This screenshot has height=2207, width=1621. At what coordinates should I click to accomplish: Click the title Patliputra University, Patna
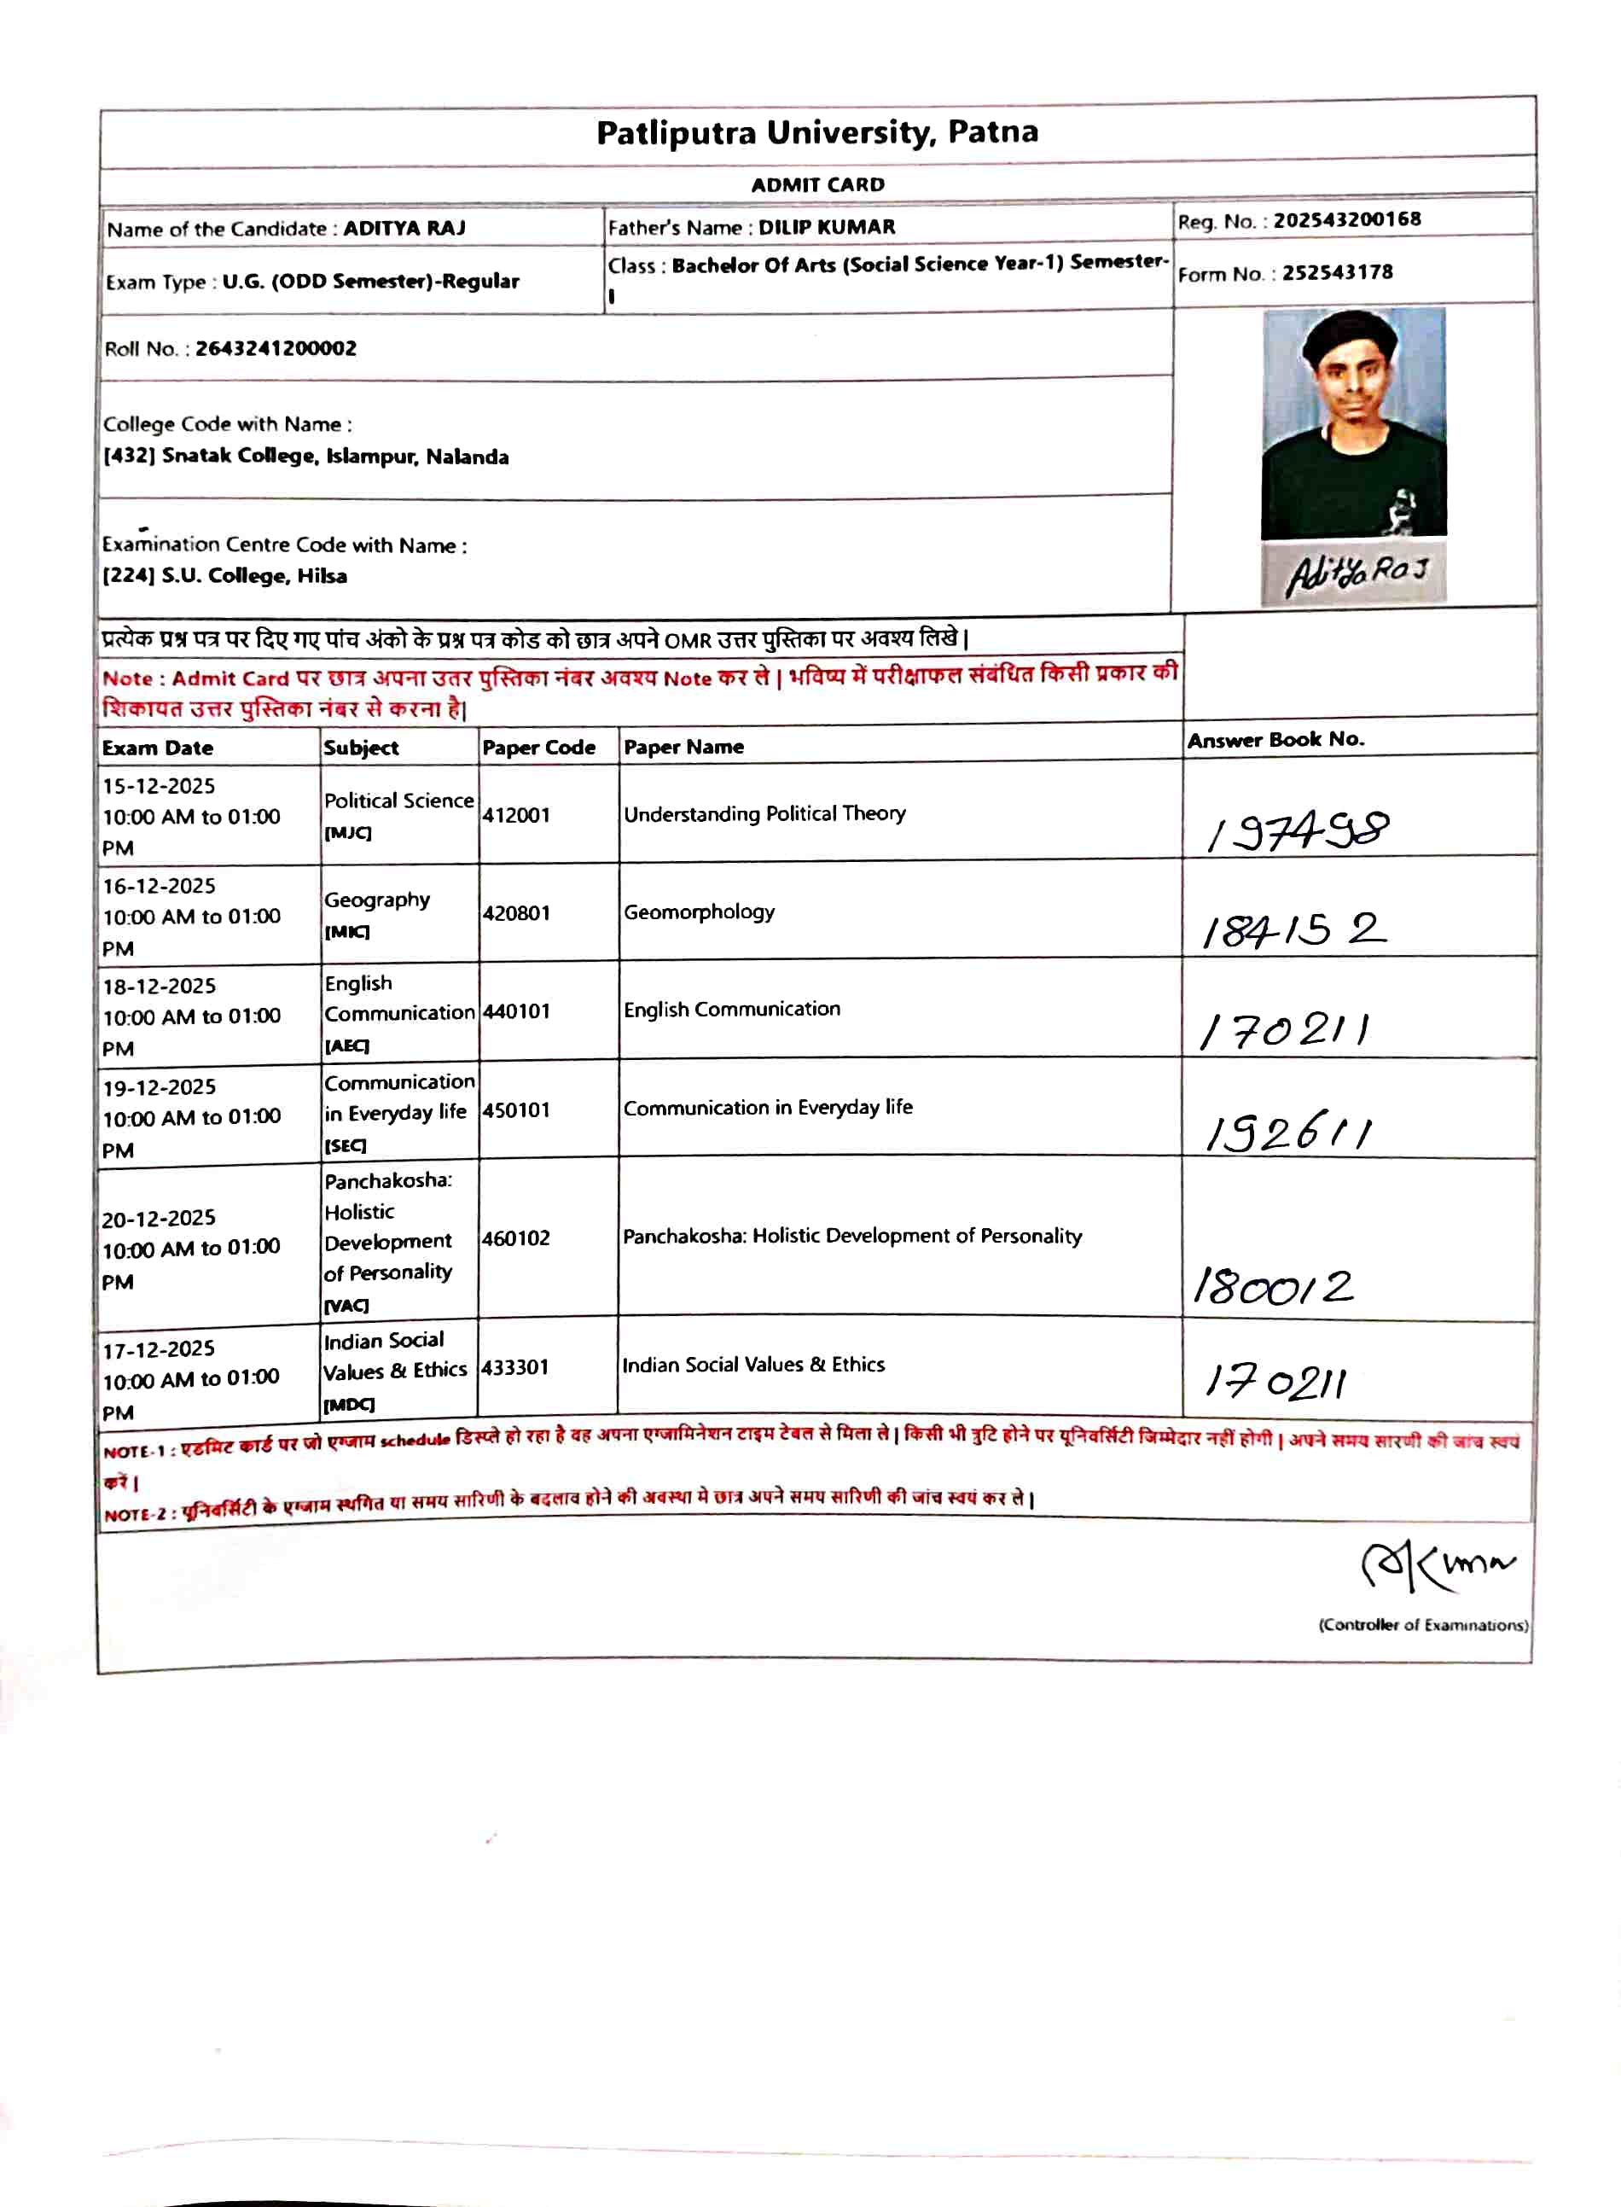click(x=816, y=132)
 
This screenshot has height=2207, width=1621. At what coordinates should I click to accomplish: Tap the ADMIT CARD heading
click(x=817, y=184)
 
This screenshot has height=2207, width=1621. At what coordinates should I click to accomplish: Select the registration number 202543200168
click(x=1346, y=218)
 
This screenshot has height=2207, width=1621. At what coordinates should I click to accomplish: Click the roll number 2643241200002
click(x=276, y=348)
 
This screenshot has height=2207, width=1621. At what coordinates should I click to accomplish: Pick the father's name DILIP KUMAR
click(x=826, y=227)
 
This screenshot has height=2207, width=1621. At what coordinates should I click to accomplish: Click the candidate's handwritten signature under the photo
click(x=1354, y=574)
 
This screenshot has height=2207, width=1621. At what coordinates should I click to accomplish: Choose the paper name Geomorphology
click(x=699, y=912)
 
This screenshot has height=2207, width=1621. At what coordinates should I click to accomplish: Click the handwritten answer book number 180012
click(x=1273, y=1286)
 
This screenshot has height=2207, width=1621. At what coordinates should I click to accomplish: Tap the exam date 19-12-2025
click(x=159, y=1087)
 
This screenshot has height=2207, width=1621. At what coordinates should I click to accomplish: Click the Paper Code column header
click(x=538, y=748)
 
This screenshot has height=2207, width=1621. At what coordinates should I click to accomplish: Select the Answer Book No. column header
click(x=1275, y=740)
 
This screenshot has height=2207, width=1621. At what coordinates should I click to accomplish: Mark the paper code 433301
click(x=515, y=1367)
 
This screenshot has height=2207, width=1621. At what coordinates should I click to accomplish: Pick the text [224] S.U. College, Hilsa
click(x=224, y=576)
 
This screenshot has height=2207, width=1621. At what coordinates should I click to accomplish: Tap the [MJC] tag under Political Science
click(x=347, y=833)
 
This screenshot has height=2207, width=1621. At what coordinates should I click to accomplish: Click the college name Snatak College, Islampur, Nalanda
click(x=334, y=457)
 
